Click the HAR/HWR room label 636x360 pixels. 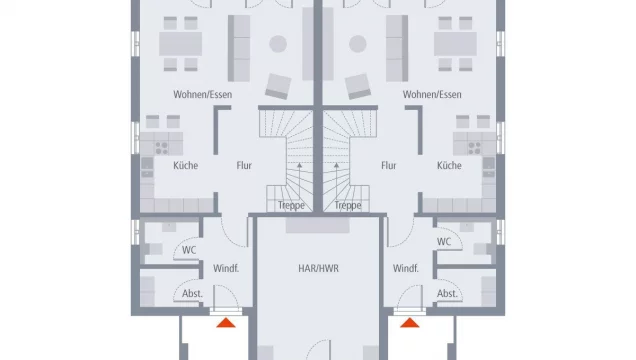[x=318, y=268]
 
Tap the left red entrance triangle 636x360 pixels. [x=226, y=323]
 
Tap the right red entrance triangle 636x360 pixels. [x=410, y=323]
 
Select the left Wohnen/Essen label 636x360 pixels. [x=203, y=94]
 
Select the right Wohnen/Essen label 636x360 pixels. [x=432, y=94]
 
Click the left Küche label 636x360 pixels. [x=186, y=165]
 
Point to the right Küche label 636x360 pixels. [x=449, y=165]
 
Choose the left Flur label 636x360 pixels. [x=244, y=165]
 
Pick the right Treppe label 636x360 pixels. [x=348, y=206]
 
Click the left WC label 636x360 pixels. [x=189, y=250]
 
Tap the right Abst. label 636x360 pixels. [x=447, y=294]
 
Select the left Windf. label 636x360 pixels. [x=226, y=268]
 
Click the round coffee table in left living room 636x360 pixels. [x=278, y=44]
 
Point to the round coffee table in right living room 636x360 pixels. [x=358, y=44]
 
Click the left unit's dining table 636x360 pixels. [x=180, y=44]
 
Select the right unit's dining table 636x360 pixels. [x=456, y=44]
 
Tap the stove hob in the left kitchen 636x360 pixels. [x=162, y=148]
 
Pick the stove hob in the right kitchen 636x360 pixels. [x=474, y=148]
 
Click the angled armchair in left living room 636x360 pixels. [x=278, y=86]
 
